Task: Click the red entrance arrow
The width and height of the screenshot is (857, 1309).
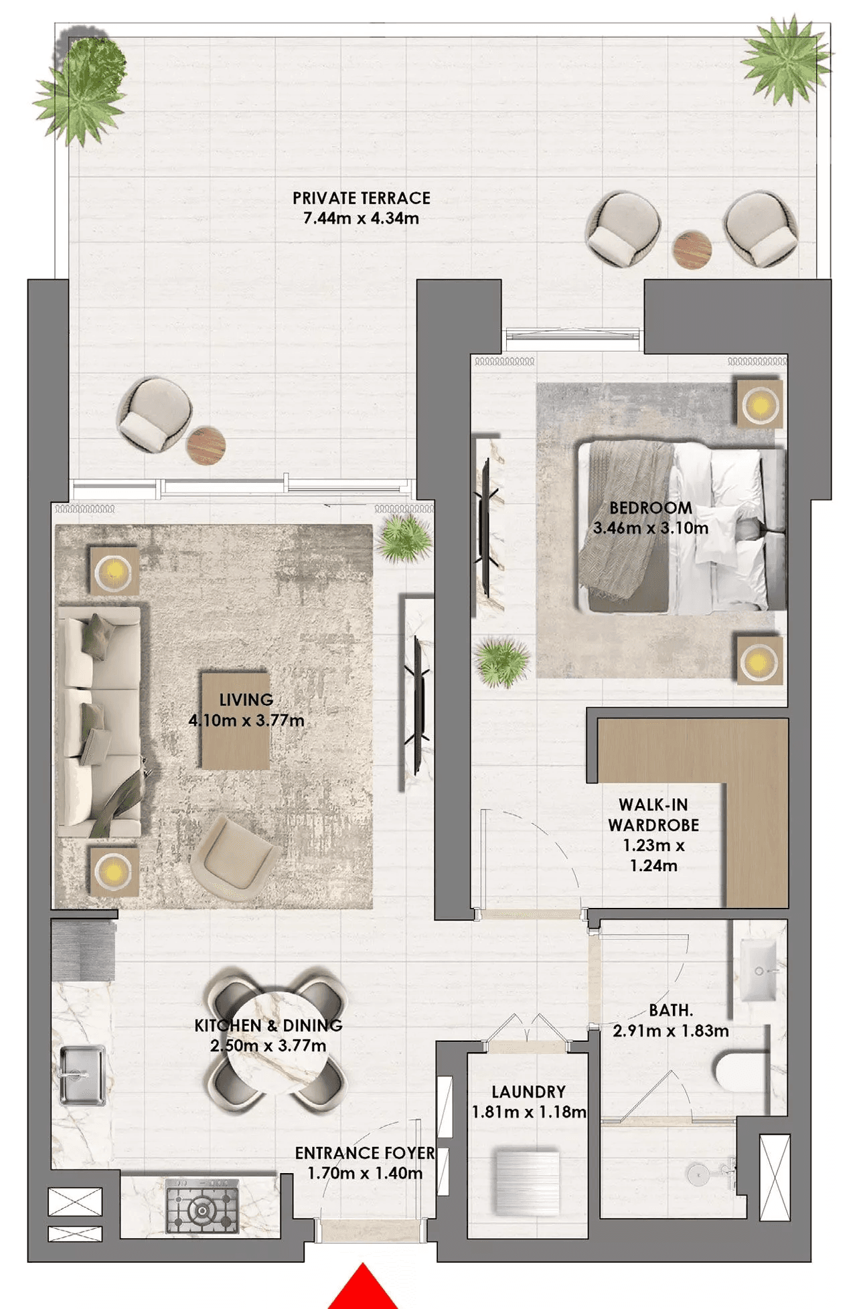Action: coord(362,1289)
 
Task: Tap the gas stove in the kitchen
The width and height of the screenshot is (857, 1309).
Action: coord(202,1207)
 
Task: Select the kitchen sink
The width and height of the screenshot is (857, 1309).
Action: coord(82,1075)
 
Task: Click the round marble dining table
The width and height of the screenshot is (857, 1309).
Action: coord(277,1041)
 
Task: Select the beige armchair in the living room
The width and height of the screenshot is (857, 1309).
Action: coord(234,857)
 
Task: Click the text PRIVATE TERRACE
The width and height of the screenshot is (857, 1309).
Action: coord(362,198)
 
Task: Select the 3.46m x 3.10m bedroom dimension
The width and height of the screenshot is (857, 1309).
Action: coord(651,528)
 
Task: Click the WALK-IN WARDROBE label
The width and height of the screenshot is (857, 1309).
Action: coord(653,815)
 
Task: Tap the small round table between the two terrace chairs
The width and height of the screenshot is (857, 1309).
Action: coord(692,250)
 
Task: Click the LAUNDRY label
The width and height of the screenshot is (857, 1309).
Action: coord(529,1092)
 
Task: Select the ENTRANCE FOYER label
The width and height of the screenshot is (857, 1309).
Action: coord(365,1153)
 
